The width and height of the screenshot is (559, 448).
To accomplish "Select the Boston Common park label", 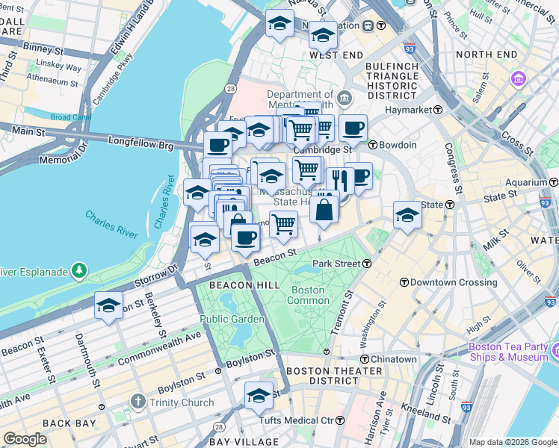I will (x=308, y=295).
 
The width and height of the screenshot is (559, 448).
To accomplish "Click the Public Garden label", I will (x=232, y=319).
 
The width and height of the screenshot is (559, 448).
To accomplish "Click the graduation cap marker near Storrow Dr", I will (x=108, y=305).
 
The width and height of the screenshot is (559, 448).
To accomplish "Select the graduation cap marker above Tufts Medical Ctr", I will (x=259, y=395).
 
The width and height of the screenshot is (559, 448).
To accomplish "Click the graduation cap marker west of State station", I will (x=407, y=214).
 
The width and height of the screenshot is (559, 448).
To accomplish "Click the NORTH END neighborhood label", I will (x=486, y=55).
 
